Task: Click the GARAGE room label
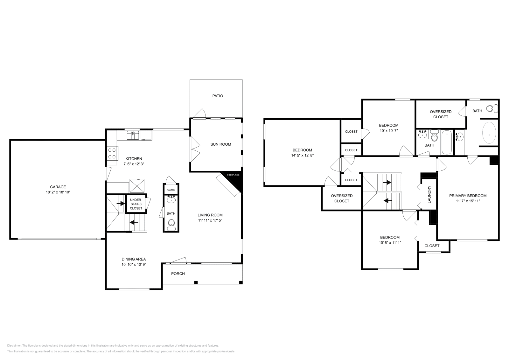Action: [58, 187]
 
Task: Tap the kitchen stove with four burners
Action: [112, 153]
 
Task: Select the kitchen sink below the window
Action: [133, 135]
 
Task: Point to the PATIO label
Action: [218, 96]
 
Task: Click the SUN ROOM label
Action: [220, 144]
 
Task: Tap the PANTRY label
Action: [171, 190]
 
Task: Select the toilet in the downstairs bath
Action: [171, 224]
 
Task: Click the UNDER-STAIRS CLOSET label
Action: [136, 204]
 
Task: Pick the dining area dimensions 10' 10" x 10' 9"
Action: [134, 264]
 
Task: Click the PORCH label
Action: [178, 273]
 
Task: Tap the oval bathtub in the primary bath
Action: [489, 134]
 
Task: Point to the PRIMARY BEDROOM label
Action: [468, 196]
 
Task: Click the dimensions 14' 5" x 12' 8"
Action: [302, 156]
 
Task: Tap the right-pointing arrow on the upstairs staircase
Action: [387, 183]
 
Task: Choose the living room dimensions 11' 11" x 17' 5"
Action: [210, 220]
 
